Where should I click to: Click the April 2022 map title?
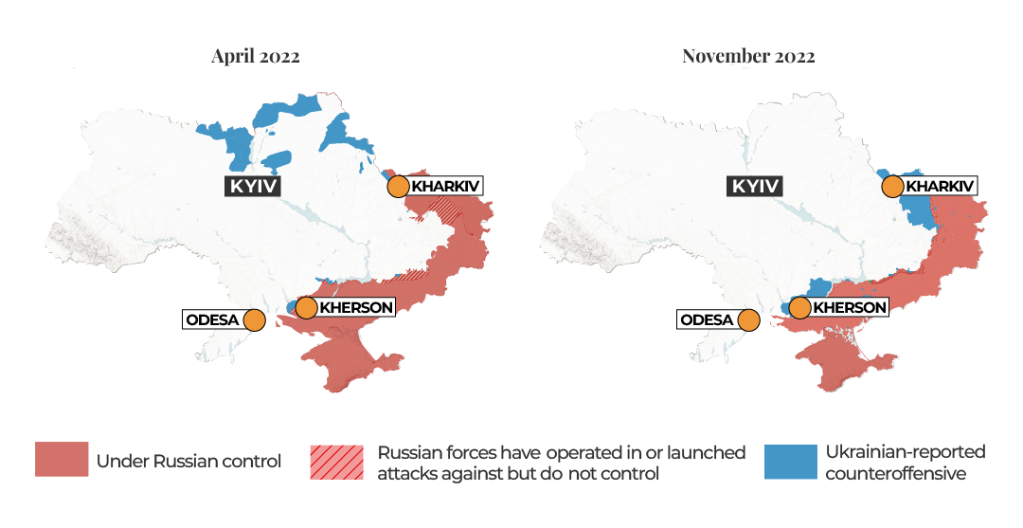coord(255,56)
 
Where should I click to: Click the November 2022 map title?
coord(748,56)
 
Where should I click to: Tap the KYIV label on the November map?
coord(755,186)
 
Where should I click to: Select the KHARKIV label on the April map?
coord(445,186)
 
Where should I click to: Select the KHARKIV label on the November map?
coord(940,186)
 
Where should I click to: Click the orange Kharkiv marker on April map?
coord(398,186)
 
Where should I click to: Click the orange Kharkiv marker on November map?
coord(892,186)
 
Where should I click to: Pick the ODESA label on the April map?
coord(212,319)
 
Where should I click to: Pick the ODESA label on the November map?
coord(707,319)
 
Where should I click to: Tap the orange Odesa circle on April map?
coord(254,319)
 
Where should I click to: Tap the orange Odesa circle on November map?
coord(748,319)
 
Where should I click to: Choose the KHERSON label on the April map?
coord(355,307)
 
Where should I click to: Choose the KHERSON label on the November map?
coord(850,307)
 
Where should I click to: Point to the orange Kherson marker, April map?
coord(306,307)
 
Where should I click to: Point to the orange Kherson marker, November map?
coord(800,307)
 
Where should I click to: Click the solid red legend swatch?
coord(62,460)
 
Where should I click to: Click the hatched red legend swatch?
coord(336,461)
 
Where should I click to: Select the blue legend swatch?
coord(790,460)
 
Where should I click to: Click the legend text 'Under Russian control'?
coord(188,462)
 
